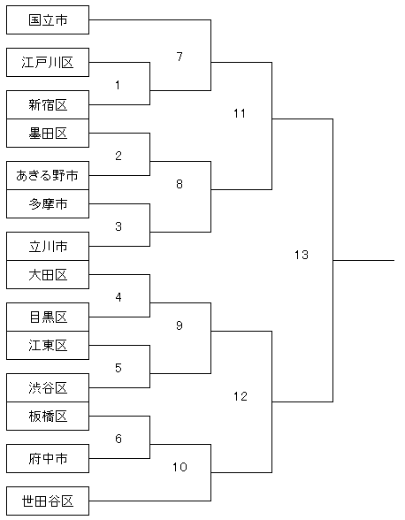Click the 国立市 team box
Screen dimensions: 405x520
tap(48, 19)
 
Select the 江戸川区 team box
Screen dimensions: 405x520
tap(48, 62)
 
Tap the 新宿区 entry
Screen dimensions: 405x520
tap(48, 104)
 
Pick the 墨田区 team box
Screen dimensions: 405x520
tap(48, 134)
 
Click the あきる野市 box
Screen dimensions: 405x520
tap(48, 175)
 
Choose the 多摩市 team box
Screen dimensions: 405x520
tap(48, 204)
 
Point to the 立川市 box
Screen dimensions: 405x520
tap(48, 247)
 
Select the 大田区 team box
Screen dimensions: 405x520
tap(48, 274)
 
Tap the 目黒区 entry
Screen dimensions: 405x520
tap(48, 317)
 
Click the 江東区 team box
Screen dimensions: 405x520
tap(48, 346)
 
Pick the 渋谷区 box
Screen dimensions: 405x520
tap(48, 388)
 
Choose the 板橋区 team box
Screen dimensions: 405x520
tap(48, 417)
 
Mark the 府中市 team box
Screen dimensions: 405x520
tap(48, 459)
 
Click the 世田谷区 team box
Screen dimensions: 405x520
tap(48, 501)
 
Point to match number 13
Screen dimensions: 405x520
tap(302, 255)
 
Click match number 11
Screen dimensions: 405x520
tap(240, 114)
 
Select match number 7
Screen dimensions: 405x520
tap(180, 57)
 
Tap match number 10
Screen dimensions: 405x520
tap(180, 467)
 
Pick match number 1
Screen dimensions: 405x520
tap(118, 85)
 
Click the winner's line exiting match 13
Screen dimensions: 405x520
tap(363, 260)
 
